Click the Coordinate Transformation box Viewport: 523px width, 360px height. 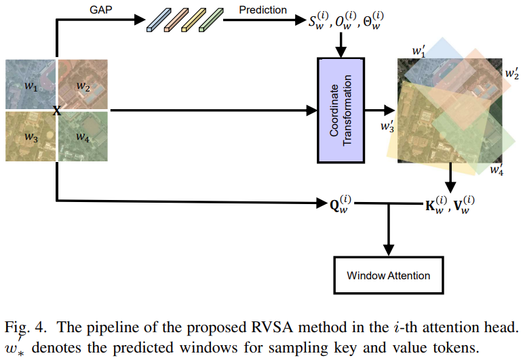click(341, 110)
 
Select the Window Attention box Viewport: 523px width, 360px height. click(388, 275)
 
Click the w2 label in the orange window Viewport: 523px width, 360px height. click(83, 87)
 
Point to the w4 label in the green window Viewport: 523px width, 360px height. click(83, 136)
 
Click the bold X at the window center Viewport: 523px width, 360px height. click(57, 111)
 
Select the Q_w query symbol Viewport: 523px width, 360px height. click(334, 203)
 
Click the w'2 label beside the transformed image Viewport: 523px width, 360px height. click(511, 72)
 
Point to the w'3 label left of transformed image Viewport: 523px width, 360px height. click(387, 127)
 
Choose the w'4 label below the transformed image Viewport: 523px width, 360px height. click(497, 168)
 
